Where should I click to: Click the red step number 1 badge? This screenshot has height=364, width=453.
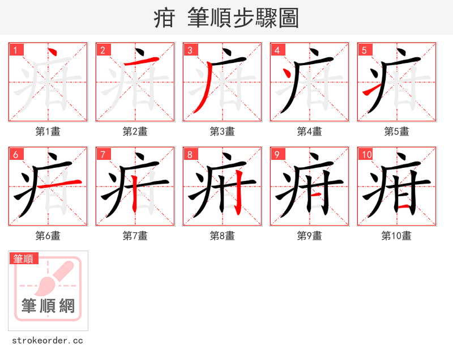tap(16, 50)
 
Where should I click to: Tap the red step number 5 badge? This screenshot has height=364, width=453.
tap(364, 50)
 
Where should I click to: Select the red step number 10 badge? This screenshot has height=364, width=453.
tap(366, 154)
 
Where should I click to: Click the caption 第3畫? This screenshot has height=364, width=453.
tap(222, 132)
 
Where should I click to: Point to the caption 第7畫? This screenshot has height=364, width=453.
tap(135, 236)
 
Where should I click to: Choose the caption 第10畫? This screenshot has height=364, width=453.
tap(396, 236)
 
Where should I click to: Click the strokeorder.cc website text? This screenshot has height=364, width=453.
tap(48, 341)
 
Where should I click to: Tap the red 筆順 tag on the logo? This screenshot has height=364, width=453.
tap(24, 259)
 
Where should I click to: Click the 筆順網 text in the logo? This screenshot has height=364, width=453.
tap(48, 306)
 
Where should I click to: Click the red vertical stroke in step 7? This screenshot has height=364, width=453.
tap(135, 196)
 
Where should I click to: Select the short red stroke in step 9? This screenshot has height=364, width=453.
tap(318, 194)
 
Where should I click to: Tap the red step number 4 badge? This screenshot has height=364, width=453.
tap(277, 50)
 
